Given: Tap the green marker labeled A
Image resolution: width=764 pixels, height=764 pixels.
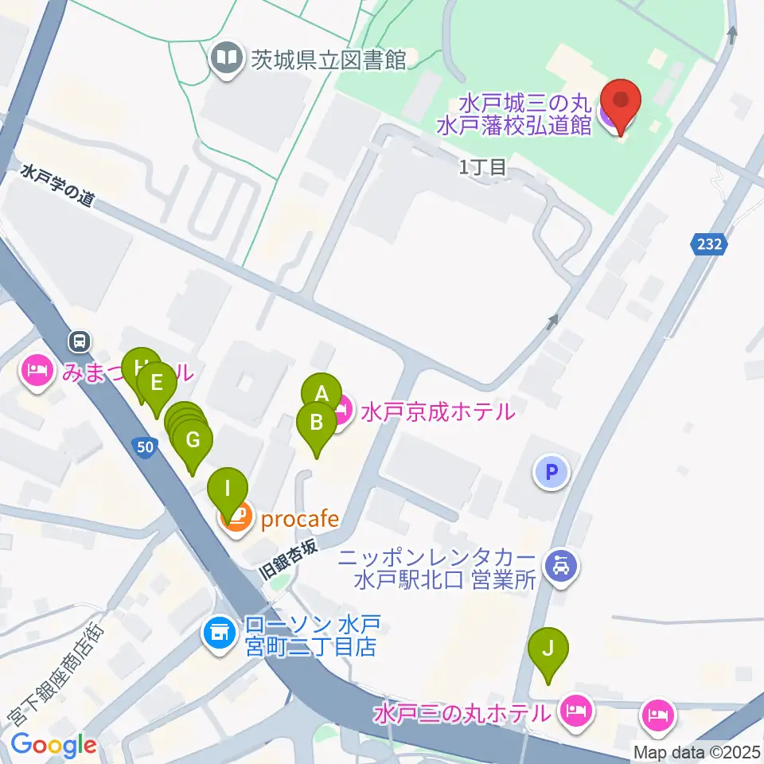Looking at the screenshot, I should [x=322, y=392].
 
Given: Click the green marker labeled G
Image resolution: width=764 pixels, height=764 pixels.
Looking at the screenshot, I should [x=192, y=439].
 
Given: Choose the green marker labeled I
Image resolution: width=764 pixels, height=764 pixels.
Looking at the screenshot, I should [x=228, y=487].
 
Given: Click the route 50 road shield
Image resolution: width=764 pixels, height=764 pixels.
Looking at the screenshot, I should [x=144, y=447].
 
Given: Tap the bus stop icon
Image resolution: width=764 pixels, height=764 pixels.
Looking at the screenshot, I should [x=79, y=341].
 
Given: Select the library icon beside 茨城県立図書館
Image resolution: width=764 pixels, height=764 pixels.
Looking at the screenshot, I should [x=227, y=59].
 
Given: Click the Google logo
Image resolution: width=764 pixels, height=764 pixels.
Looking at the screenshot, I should [x=53, y=745].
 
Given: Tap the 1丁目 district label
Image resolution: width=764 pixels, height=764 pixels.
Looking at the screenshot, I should [x=482, y=167].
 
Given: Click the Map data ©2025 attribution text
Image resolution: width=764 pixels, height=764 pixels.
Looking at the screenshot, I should [x=696, y=751].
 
